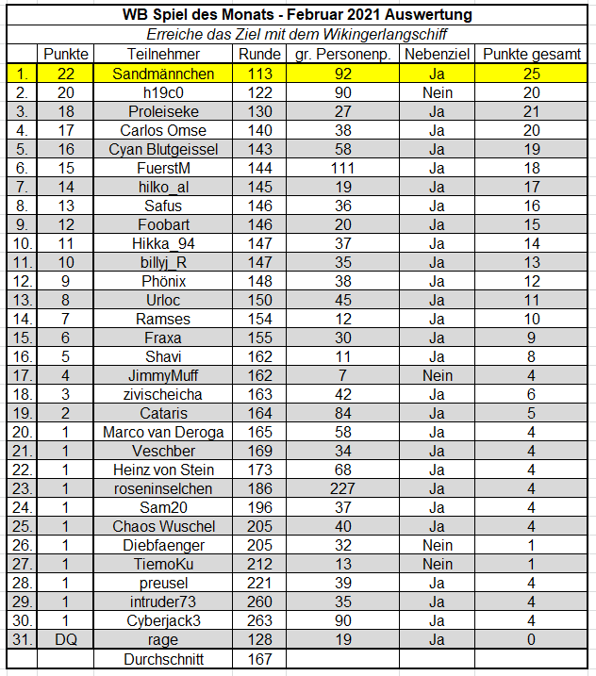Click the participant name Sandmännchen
coord(163,74)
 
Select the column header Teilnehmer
coord(163,55)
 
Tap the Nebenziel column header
coord(437,55)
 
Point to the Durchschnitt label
coord(163,659)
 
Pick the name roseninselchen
coord(163,488)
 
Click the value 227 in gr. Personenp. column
coord(342,488)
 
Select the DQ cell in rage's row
coord(65,639)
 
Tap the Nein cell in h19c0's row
coord(437,92)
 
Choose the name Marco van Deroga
coord(163,432)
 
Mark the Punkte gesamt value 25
coord(531,74)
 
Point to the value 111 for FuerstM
coord(342,168)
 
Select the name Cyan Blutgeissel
coord(163,149)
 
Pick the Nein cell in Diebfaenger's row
coord(437,545)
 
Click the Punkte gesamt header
coord(531,55)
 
